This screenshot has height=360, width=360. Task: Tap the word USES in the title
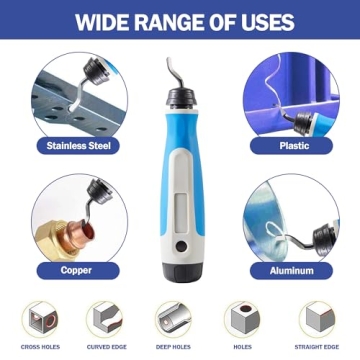tap(262, 21)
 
